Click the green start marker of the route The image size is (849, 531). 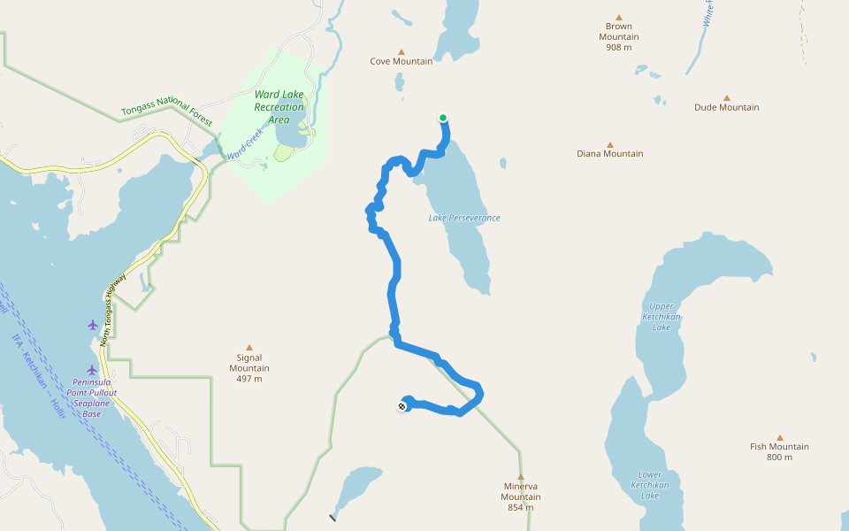pos(443,118)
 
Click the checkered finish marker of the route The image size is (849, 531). pos(402,406)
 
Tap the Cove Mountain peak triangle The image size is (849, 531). pos(402,51)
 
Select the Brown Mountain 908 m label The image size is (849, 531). pos(619,36)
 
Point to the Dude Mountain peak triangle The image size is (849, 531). pos(727,97)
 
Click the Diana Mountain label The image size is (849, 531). pos(609,153)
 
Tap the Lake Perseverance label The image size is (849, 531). pos(464,218)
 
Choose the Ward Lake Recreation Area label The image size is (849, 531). pos(279,106)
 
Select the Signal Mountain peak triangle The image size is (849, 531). pos(249,347)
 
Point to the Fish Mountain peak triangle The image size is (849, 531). pos(780,437)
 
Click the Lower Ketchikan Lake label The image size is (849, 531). pos(650,485)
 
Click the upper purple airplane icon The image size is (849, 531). pos(93,325)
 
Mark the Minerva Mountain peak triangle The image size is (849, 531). pos(520,476)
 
